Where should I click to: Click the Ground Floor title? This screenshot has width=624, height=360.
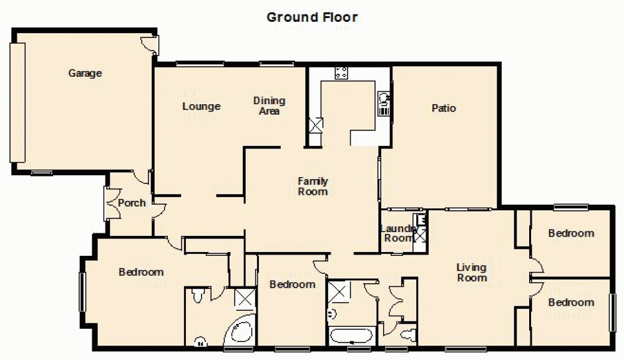pyautogui.click(x=312, y=17)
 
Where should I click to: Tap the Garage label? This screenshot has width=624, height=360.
pyautogui.click(x=85, y=73)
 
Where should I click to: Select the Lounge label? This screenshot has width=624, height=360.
pyautogui.click(x=201, y=106)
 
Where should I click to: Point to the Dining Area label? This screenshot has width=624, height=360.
pyautogui.click(x=269, y=105)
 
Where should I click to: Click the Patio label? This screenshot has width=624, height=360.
pyautogui.click(x=444, y=108)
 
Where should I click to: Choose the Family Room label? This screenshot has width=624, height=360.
pyautogui.click(x=313, y=187)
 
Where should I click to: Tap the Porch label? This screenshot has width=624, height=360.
pyautogui.click(x=132, y=203)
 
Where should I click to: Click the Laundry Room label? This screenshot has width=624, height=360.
pyautogui.click(x=397, y=233)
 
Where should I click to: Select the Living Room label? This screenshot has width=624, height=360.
pyautogui.click(x=472, y=273)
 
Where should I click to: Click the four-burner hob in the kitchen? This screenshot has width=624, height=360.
pyautogui.click(x=341, y=72)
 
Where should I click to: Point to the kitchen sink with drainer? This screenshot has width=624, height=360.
pyautogui.click(x=383, y=103)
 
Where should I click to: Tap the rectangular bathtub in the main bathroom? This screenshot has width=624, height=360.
pyautogui.click(x=351, y=336)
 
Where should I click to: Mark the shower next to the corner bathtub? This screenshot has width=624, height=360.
pyautogui.click(x=244, y=299)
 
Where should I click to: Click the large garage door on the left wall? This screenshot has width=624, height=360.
pyautogui.click(x=18, y=103)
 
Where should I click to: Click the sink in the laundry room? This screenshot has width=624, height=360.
pyautogui.click(x=421, y=220)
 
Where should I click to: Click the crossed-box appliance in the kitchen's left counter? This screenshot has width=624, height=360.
pyautogui.click(x=316, y=125)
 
